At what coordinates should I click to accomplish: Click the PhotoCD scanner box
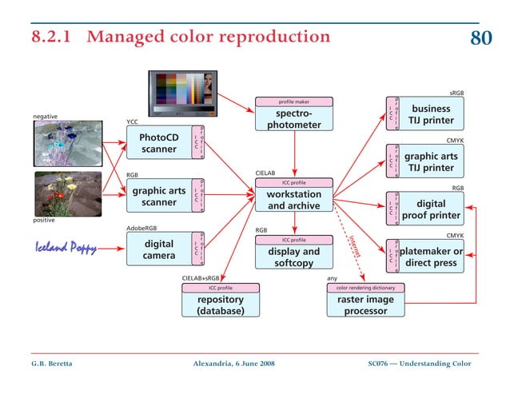(160, 143)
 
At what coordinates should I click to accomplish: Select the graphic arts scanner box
(160, 197)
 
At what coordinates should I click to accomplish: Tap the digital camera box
(159, 249)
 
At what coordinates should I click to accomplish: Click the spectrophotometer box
(294, 119)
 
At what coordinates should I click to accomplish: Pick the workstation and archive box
(294, 200)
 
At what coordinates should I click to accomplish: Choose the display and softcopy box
(293, 257)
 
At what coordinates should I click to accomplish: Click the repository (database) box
(221, 305)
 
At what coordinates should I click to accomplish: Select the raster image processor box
(365, 305)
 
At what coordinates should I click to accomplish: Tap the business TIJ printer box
(431, 114)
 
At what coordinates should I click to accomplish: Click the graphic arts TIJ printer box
(431, 161)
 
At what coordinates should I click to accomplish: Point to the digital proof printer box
(431, 209)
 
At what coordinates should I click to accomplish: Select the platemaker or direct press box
(431, 257)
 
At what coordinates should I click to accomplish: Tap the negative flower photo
(67, 144)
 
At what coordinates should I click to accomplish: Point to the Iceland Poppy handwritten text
(66, 248)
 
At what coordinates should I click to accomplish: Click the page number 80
(480, 38)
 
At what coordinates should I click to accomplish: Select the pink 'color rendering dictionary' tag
(365, 287)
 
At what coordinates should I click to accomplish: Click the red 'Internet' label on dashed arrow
(355, 245)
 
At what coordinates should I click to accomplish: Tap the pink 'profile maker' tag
(293, 102)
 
